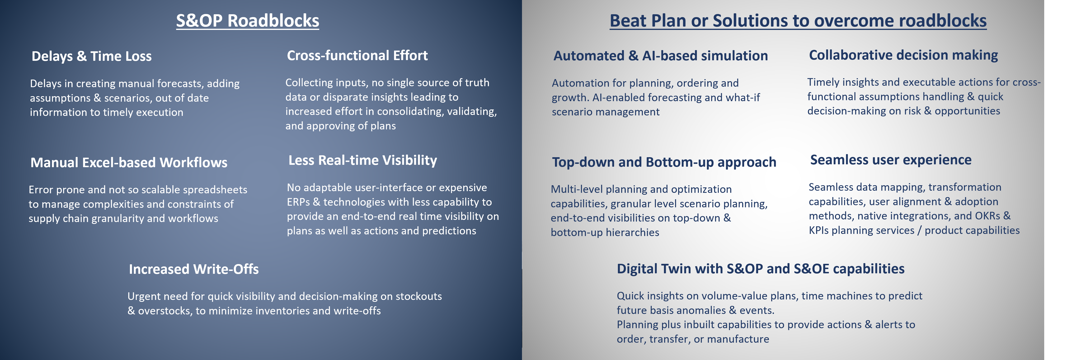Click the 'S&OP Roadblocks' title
248,21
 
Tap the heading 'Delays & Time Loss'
92,56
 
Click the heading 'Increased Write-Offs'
194,269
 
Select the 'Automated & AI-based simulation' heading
661,56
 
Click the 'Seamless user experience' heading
891,160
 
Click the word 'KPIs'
818,230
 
